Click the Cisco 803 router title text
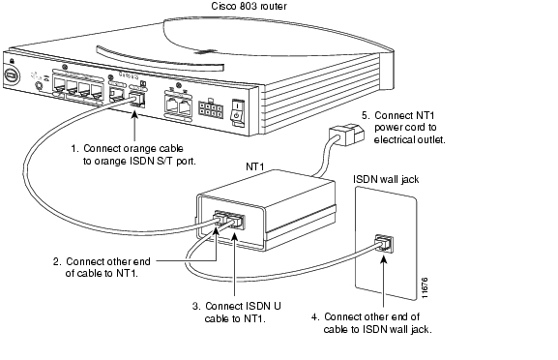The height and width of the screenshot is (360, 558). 249,6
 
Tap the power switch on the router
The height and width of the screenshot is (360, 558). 238,112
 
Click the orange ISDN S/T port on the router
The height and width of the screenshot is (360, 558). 137,99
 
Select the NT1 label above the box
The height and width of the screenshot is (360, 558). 255,166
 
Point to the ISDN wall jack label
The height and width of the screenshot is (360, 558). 386,179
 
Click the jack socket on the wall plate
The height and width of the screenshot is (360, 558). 384,244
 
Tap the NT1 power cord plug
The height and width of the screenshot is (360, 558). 346,135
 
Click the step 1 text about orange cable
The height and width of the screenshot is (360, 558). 133,155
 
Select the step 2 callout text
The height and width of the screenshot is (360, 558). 102,267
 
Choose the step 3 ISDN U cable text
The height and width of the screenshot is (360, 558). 236,312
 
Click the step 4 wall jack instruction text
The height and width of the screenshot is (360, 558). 371,322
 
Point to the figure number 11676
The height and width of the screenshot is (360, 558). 425,287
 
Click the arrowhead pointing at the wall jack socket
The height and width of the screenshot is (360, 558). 383,259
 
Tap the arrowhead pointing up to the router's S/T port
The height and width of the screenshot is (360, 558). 134,114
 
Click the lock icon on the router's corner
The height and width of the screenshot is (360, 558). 13,61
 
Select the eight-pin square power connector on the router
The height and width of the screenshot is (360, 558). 211,109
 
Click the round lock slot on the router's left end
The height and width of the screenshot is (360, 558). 12,76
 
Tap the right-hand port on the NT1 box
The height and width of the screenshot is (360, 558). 236,222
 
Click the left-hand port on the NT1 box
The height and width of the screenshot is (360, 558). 220,218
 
